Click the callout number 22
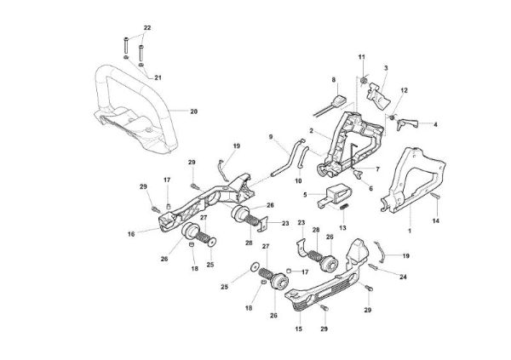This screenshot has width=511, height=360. tap(146, 29)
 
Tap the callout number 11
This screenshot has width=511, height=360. tap(361, 57)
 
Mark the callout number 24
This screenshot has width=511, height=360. tap(402, 277)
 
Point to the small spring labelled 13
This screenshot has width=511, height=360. tap(344, 207)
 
